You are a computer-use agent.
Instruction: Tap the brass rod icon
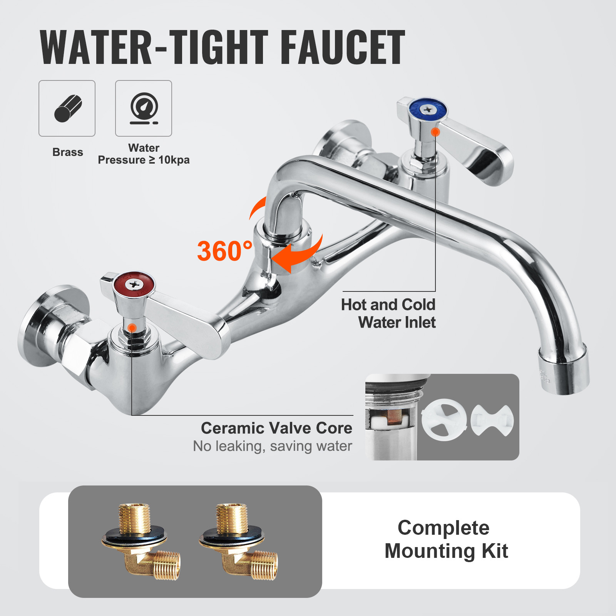[x=68, y=109]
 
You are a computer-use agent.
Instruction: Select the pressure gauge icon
[x=144, y=109]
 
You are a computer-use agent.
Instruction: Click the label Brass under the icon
[x=68, y=152]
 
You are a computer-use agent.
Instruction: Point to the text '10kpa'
[x=174, y=160]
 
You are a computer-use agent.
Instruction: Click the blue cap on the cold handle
[x=427, y=110]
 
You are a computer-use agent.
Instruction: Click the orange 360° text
[x=224, y=251]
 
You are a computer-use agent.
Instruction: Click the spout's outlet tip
[x=564, y=372]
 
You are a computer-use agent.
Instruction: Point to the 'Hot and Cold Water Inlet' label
[x=389, y=313]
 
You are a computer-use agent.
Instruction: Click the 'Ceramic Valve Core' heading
[x=276, y=428]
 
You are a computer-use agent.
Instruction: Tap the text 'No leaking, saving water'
[x=273, y=446]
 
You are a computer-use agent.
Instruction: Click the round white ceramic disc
[x=444, y=420]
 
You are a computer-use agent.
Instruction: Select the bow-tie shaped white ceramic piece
[x=492, y=420]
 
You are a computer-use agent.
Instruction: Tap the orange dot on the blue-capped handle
[x=435, y=132]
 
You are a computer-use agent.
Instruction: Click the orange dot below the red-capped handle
[x=132, y=328]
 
